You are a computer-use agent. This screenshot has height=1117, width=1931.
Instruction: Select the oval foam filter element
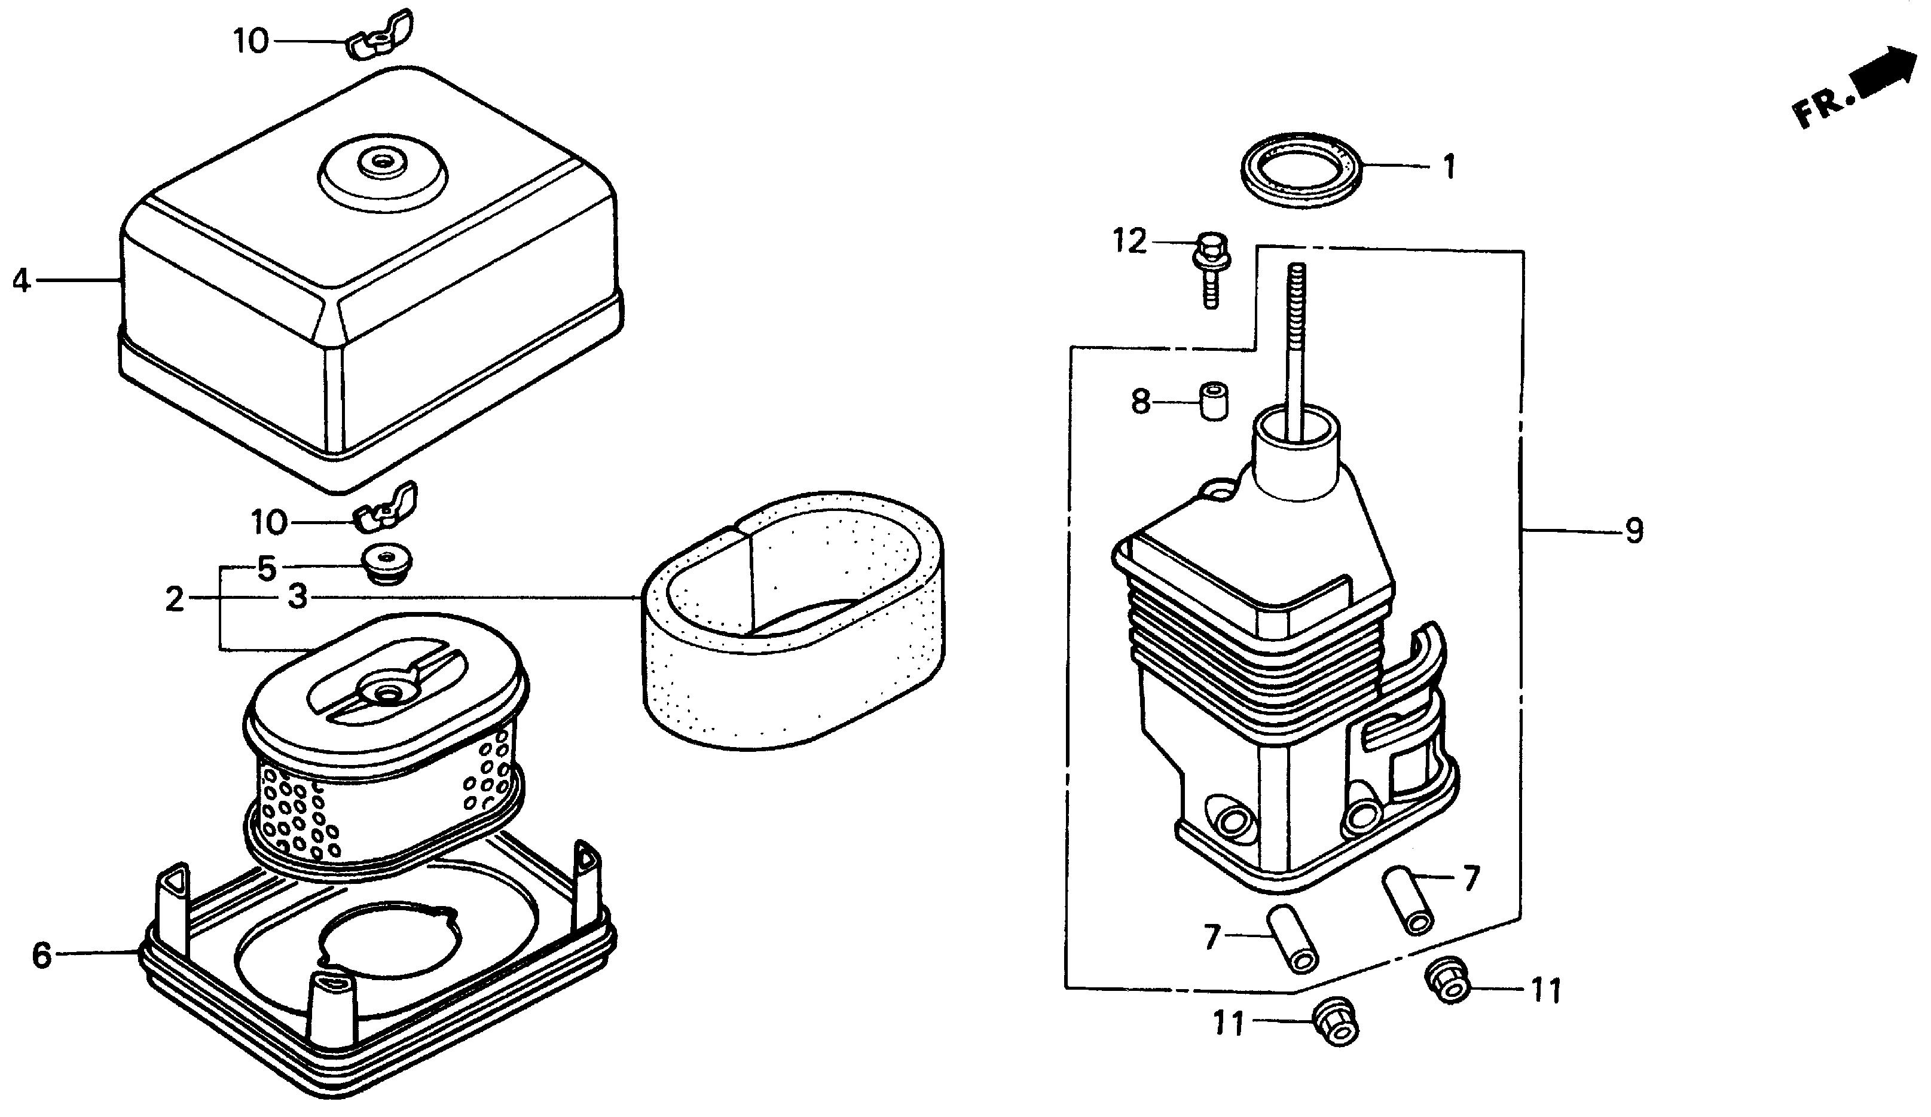[x=793, y=620]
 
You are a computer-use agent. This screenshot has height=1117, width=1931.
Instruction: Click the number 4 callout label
[x=22, y=281]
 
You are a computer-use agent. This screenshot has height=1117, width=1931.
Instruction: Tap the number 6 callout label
[x=41, y=956]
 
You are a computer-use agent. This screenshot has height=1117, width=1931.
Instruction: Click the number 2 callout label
[x=175, y=599]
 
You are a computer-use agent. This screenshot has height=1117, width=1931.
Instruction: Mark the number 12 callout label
[x=1129, y=241]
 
